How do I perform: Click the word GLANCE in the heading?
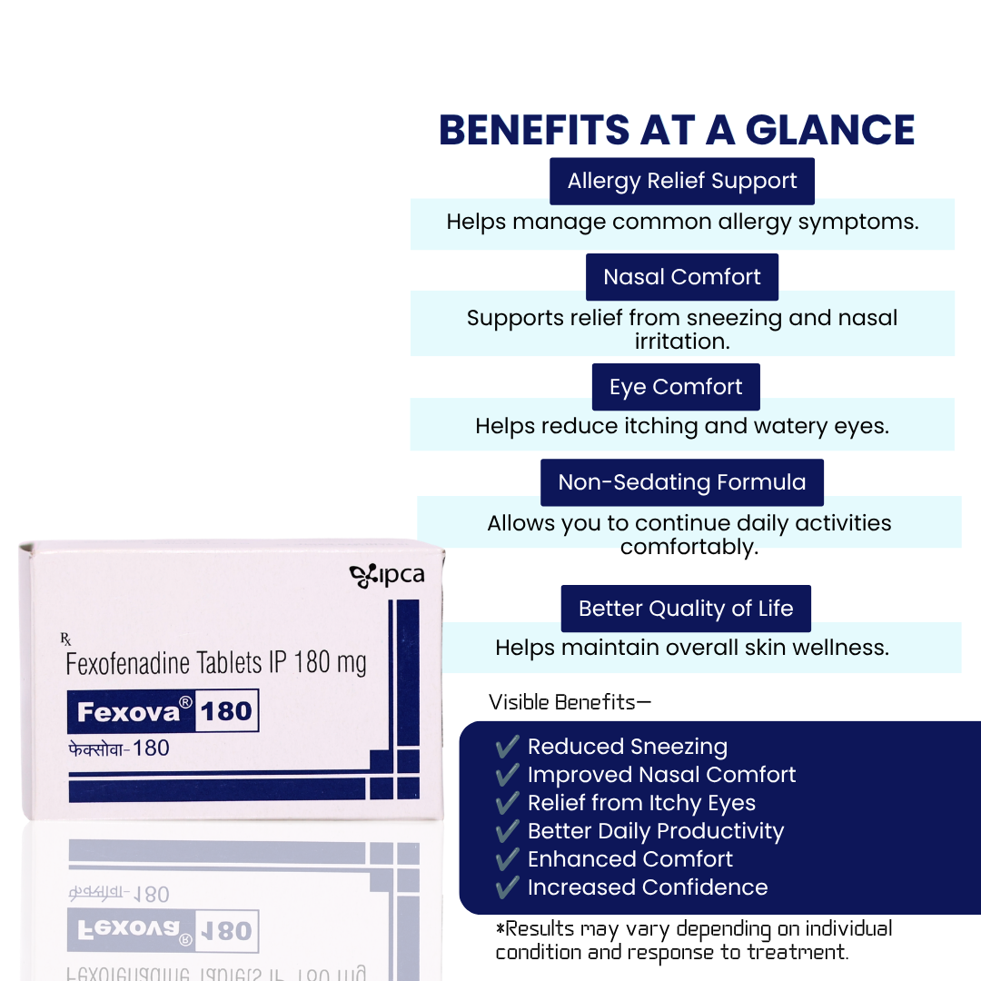829,130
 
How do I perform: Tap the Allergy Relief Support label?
682,182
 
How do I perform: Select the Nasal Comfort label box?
682,277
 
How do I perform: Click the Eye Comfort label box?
676,387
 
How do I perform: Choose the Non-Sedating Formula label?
682,482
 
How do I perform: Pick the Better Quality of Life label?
686,609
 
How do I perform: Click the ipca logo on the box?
387,576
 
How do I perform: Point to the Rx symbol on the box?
65,639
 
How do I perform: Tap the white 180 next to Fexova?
226,711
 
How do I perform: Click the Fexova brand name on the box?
128,712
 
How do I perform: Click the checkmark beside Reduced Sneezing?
507,746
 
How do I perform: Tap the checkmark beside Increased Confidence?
507,887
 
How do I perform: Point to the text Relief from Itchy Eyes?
641,803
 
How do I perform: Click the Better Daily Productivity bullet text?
656,831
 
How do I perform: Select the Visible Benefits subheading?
570,702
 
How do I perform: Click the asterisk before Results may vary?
500,927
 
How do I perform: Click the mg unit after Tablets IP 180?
352,664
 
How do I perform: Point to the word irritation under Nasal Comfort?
682,342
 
